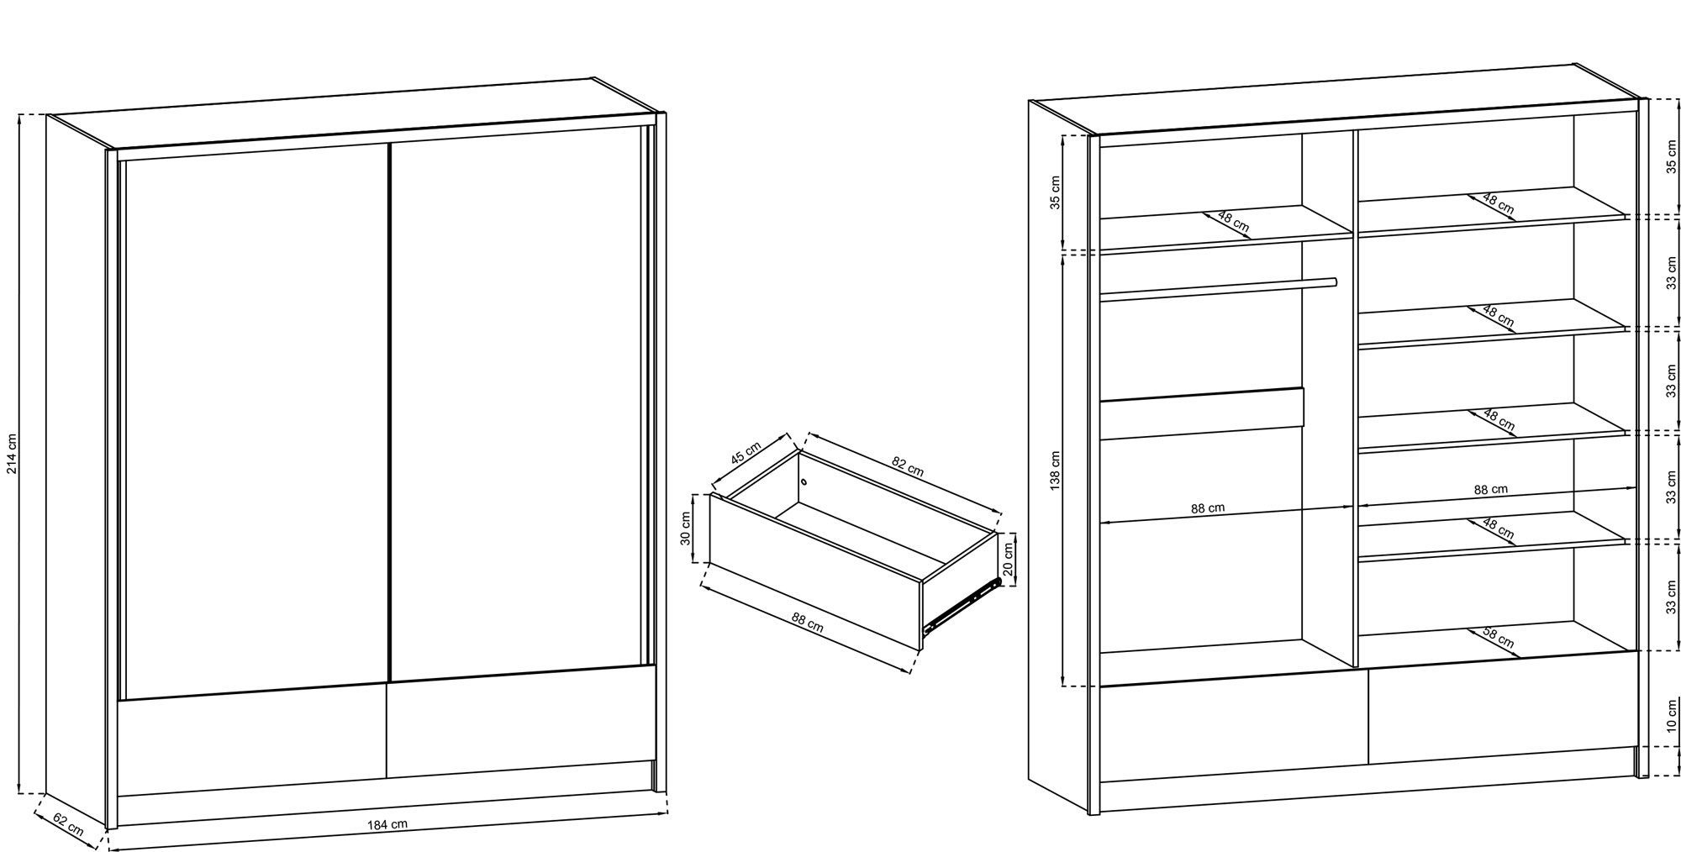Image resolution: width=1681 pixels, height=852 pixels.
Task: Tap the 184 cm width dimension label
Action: pos(387,823)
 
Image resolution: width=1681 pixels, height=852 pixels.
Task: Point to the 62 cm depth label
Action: pos(68,824)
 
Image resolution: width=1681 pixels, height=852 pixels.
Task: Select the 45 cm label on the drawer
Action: pos(746,453)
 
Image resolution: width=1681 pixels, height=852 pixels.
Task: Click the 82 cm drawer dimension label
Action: pos(908,466)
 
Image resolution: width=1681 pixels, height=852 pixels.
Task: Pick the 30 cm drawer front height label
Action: pos(685,529)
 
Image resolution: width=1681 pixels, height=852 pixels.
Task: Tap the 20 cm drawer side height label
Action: pos(1009,557)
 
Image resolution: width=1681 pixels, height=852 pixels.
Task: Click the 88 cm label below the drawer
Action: pos(808,622)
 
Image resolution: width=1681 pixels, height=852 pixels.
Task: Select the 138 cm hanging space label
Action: pos(1056,471)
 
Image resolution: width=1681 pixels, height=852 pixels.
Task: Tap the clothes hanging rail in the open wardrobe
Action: pos(1218,287)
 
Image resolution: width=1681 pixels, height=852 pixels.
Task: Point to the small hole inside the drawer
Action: pos(804,482)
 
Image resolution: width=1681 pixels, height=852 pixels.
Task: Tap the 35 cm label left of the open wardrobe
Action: pos(1056,192)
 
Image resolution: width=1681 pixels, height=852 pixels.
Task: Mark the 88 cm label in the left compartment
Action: pos(1207,508)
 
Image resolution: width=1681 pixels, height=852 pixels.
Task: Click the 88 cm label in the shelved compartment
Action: pos(1490,489)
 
